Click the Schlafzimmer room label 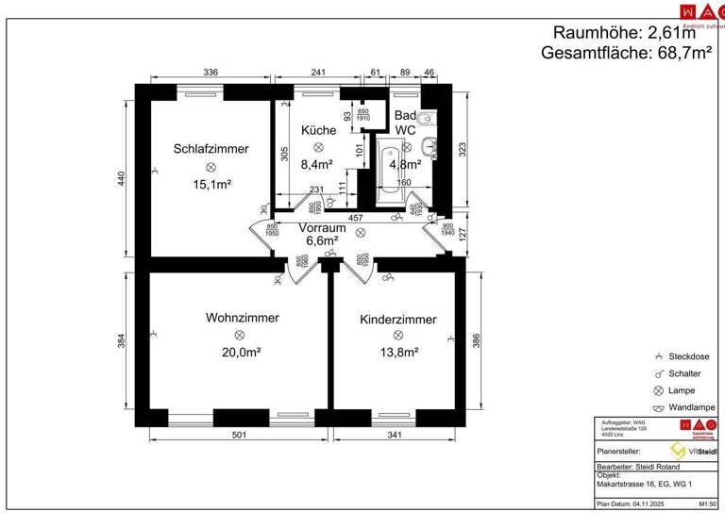(x=211, y=149)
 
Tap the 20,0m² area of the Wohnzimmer (x=239, y=352)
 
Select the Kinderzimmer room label (x=397, y=320)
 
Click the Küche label (x=318, y=130)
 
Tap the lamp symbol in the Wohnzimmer (x=239, y=335)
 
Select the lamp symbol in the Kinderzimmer (x=397, y=337)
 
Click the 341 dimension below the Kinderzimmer (x=395, y=435)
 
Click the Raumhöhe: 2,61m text (x=631, y=32)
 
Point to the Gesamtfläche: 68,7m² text (x=626, y=53)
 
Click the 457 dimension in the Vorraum (x=357, y=218)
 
